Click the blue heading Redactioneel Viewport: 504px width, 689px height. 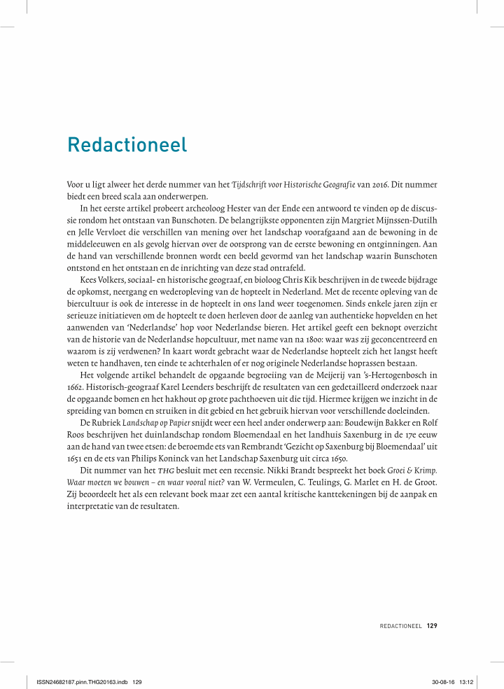coord(127,145)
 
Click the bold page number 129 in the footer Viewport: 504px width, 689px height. coord(431,625)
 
